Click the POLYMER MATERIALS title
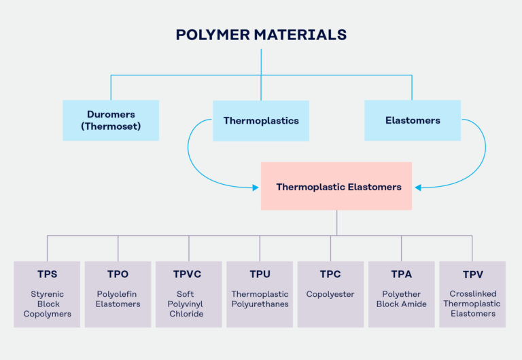(x=261, y=35)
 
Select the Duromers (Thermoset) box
(x=111, y=120)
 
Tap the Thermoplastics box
(x=261, y=120)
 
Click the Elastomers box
(x=413, y=120)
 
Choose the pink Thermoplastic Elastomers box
(x=336, y=186)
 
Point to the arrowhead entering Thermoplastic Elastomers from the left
(x=257, y=187)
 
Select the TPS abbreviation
(x=47, y=274)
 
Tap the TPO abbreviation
(x=118, y=274)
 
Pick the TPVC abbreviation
(x=189, y=274)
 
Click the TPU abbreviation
(x=260, y=274)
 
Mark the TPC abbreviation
(x=330, y=274)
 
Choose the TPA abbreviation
(x=401, y=274)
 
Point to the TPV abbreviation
(x=472, y=274)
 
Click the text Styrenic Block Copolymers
(x=47, y=304)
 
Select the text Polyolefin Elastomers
(x=118, y=299)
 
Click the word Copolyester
(x=330, y=294)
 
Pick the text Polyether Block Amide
(x=401, y=299)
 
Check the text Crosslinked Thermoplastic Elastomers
(x=472, y=304)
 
